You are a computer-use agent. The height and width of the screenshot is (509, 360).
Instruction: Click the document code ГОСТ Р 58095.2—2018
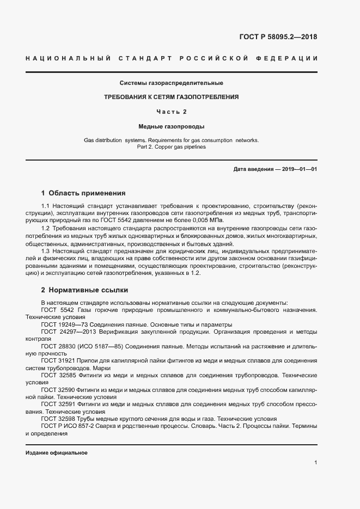point(278,37)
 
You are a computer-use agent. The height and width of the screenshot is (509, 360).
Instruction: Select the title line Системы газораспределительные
point(172,83)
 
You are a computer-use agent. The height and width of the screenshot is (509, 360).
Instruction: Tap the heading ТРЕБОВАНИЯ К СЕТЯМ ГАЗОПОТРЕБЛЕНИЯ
point(172,97)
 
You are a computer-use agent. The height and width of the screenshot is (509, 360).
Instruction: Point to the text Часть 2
point(172,112)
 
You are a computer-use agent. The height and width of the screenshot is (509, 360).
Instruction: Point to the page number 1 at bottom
point(315,462)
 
